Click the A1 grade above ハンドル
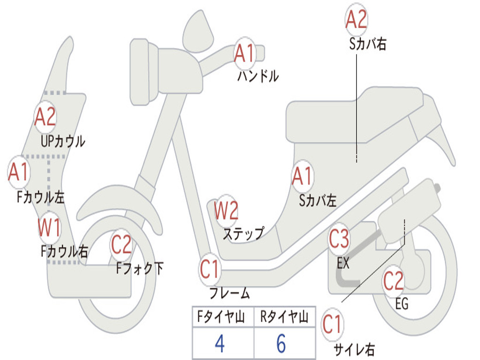(x=244, y=53)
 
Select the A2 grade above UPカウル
(x=45, y=117)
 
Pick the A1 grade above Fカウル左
(x=19, y=172)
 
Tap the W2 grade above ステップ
(x=226, y=210)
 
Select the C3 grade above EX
(x=339, y=239)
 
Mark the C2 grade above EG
(x=393, y=281)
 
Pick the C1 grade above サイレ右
(x=332, y=324)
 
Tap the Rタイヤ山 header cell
(x=284, y=318)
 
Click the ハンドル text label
(x=258, y=75)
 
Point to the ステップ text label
(x=243, y=232)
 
